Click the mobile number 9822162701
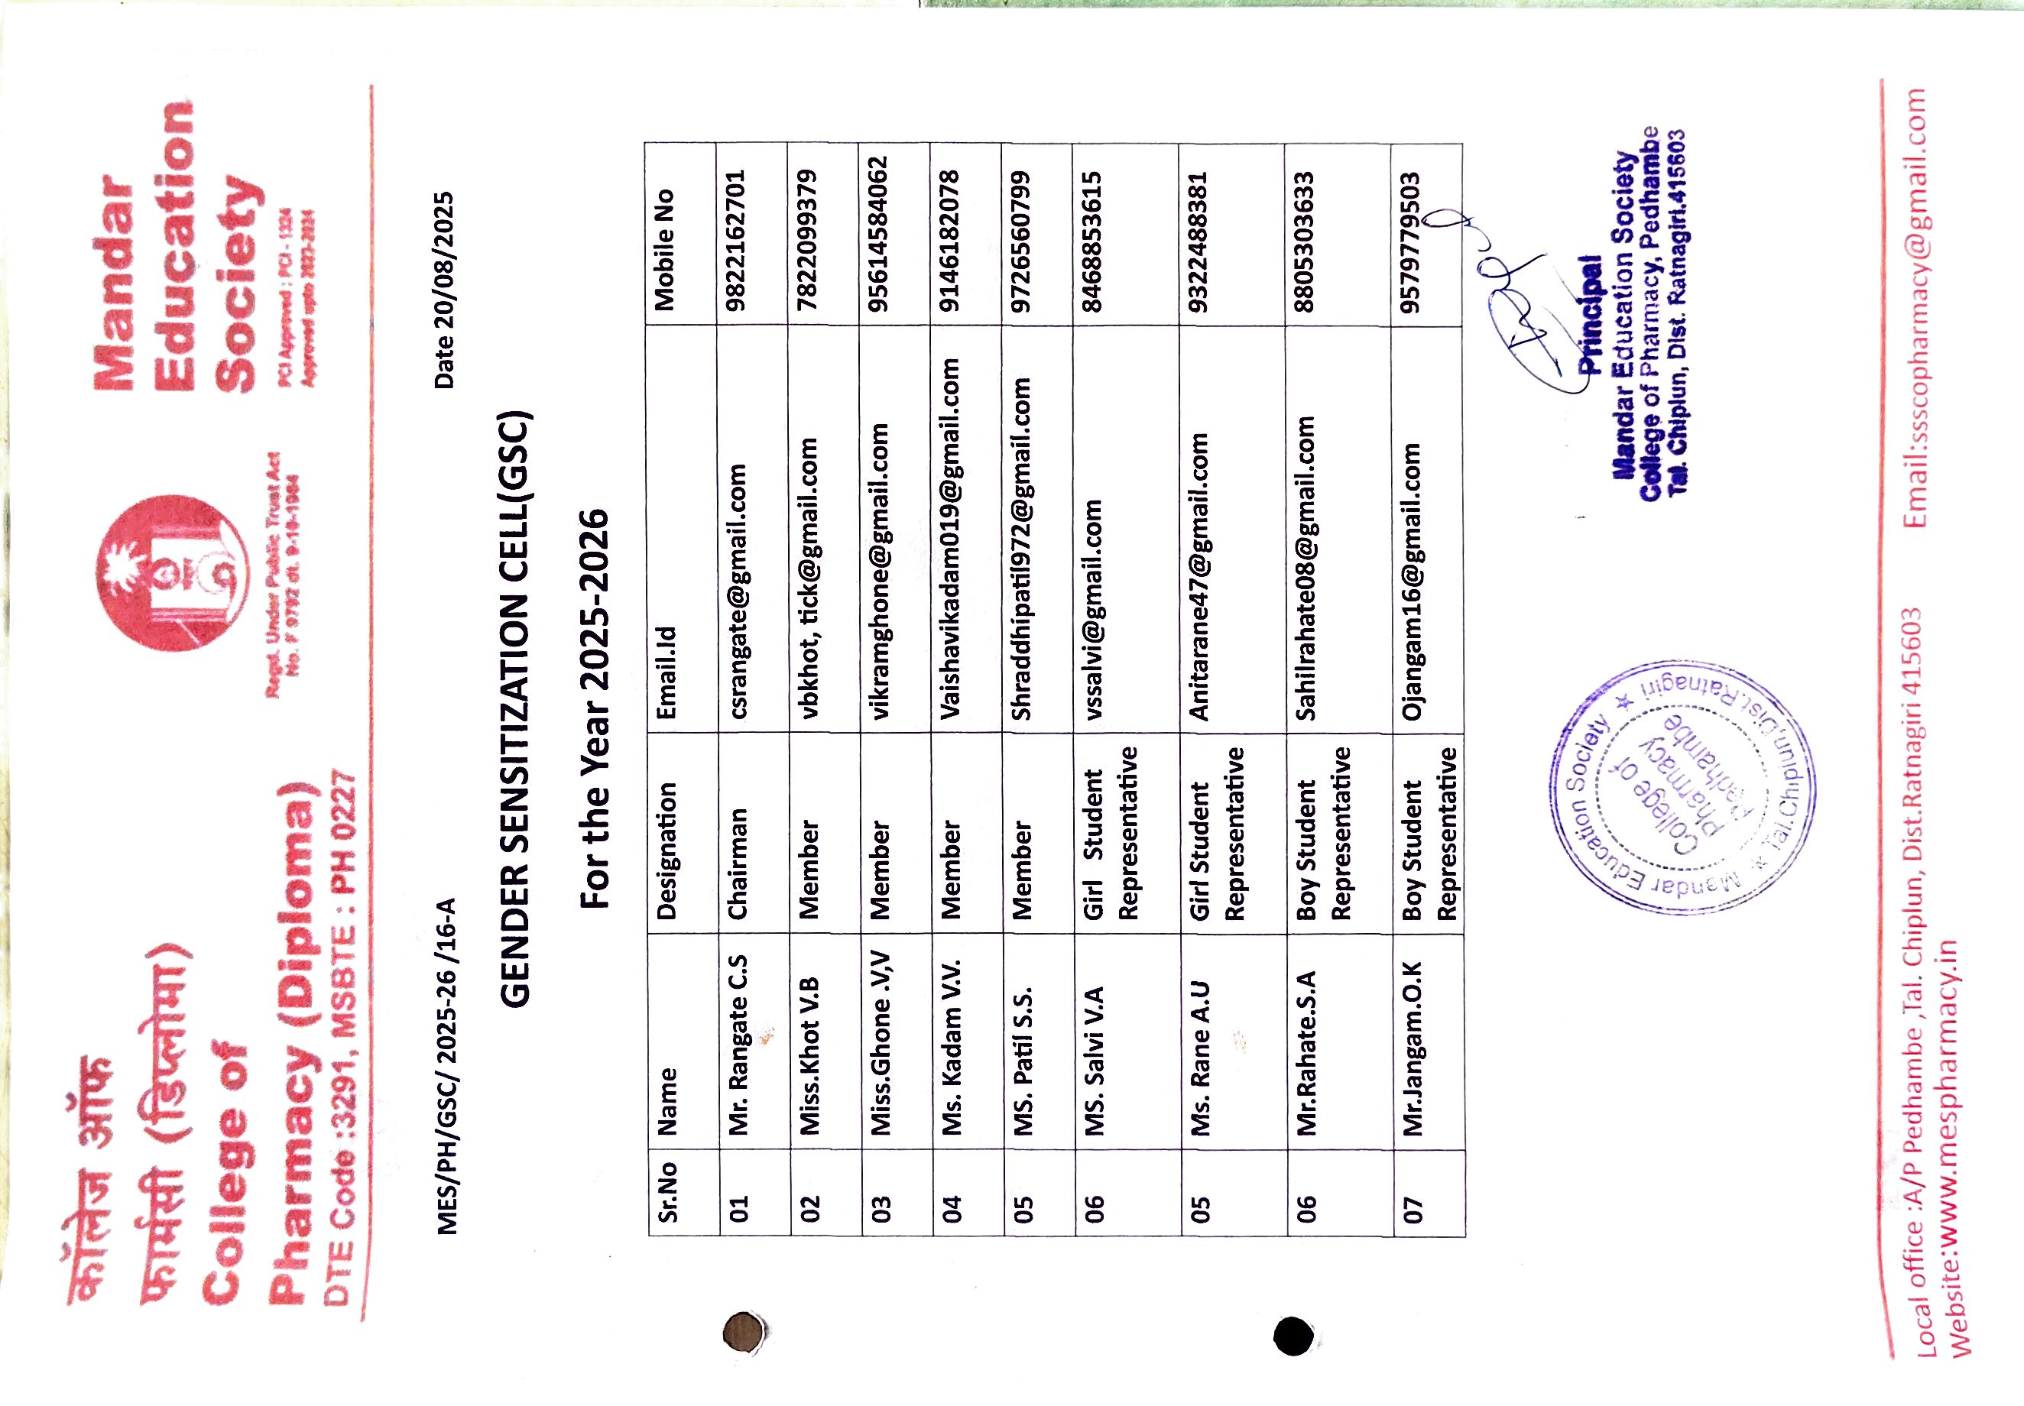(736, 241)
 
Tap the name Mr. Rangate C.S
(738, 1043)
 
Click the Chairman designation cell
(738, 863)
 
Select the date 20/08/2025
(444, 290)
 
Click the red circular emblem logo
(172, 572)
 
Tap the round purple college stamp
(1682, 787)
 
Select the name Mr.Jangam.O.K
(1413, 1048)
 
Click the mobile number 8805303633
(1305, 241)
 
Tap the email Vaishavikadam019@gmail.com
(950, 538)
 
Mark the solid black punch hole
(1293, 1336)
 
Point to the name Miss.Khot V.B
(809, 1054)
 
